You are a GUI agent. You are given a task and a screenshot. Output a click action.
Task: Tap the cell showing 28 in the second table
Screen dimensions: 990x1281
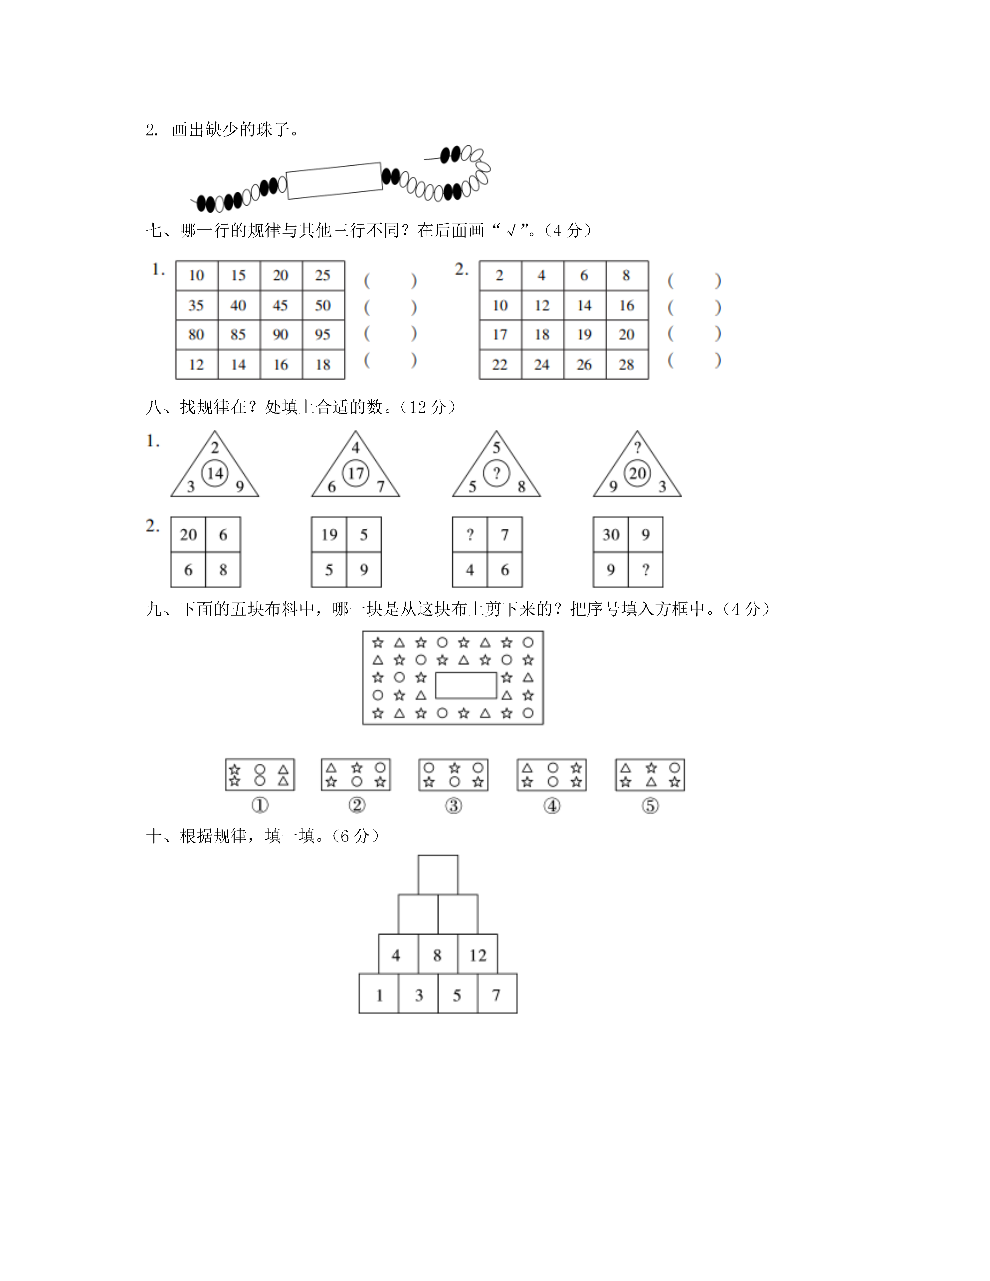627,365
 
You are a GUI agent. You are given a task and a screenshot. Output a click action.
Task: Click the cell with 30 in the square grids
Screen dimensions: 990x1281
611,534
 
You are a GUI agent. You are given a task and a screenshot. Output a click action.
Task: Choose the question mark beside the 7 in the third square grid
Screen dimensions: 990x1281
470,534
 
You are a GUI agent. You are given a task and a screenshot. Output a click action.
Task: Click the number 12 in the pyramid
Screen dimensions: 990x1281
478,956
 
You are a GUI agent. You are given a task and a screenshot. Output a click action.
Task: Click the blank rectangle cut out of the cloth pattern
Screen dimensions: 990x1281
466,685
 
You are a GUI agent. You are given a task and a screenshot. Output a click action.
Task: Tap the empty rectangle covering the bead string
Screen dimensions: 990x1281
334,181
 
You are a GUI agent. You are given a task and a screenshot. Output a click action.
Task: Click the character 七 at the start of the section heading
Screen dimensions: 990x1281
154,231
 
